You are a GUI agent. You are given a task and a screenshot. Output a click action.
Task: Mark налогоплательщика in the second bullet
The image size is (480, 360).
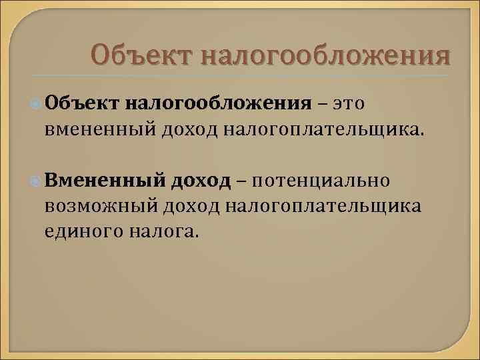tap(323, 205)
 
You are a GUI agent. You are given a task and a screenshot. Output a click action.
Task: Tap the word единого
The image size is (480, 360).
tap(81, 229)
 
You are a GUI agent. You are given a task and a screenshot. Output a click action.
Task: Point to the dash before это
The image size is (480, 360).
tap(323, 105)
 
